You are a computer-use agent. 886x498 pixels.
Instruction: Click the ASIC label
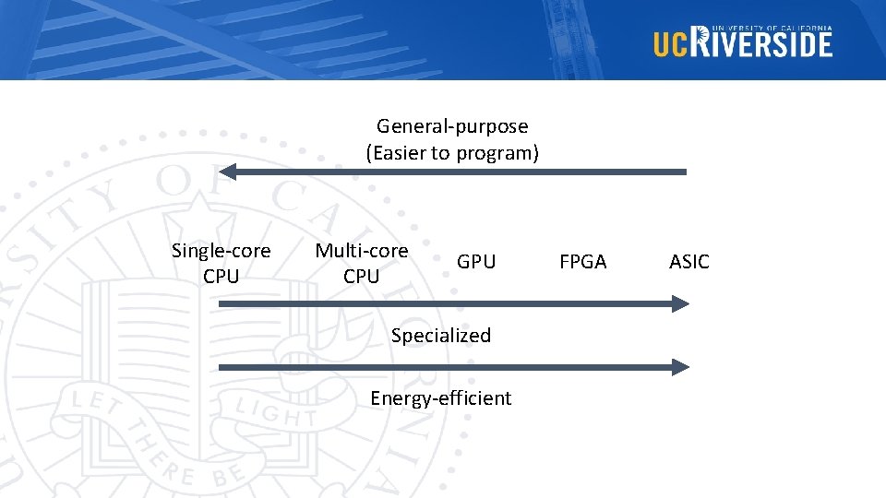688,262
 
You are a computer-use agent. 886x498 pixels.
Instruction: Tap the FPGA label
583,262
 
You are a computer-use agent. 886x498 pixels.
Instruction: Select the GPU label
476,262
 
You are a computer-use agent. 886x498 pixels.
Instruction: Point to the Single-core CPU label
221,263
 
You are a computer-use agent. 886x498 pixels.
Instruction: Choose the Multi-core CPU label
361,263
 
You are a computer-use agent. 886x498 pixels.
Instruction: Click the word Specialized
441,336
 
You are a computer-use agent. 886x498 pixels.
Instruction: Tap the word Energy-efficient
440,398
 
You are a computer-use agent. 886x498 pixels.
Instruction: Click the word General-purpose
452,126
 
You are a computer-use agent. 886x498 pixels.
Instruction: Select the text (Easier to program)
452,153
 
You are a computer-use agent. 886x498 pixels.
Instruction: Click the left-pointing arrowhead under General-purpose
228,172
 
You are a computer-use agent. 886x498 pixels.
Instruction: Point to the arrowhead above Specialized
680,303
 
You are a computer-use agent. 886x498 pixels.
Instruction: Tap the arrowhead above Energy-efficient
680,367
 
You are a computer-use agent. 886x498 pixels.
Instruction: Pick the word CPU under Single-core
221,276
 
